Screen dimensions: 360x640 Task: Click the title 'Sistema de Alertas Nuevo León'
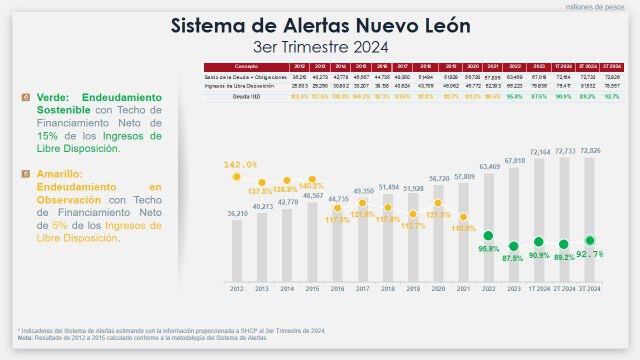[x=320, y=25]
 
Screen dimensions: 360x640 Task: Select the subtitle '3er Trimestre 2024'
[x=320, y=46]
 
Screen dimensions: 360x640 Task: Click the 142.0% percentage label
[x=241, y=164]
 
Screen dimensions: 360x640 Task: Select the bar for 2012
[x=237, y=250]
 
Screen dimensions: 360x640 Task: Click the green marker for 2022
[x=490, y=235]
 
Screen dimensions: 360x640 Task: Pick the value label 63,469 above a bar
[x=490, y=167]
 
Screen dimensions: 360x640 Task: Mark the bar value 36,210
[x=237, y=214]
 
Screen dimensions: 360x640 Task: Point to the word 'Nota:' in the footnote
[x=25, y=339]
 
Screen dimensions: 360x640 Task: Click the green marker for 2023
[x=515, y=245]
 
